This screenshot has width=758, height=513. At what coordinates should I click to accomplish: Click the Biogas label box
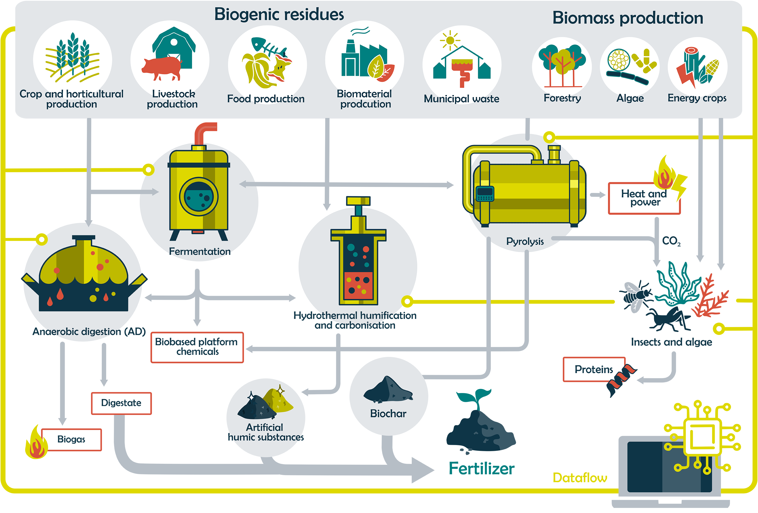71,439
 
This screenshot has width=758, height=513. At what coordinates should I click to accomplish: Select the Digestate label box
121,403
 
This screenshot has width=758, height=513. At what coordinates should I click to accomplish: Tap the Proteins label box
594,369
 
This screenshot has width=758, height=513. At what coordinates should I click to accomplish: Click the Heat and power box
644,198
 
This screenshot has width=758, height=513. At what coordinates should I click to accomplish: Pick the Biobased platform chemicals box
197,347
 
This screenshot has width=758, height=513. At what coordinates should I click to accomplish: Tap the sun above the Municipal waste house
450,40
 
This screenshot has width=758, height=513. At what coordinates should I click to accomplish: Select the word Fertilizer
481,469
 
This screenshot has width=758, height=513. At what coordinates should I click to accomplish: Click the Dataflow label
580,478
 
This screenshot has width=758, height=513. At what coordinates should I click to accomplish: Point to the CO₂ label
671,241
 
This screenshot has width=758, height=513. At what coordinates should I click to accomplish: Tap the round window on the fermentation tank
199,197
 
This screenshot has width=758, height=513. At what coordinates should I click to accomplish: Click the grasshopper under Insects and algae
667,318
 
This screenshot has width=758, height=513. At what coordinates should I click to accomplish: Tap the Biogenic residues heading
279,14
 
